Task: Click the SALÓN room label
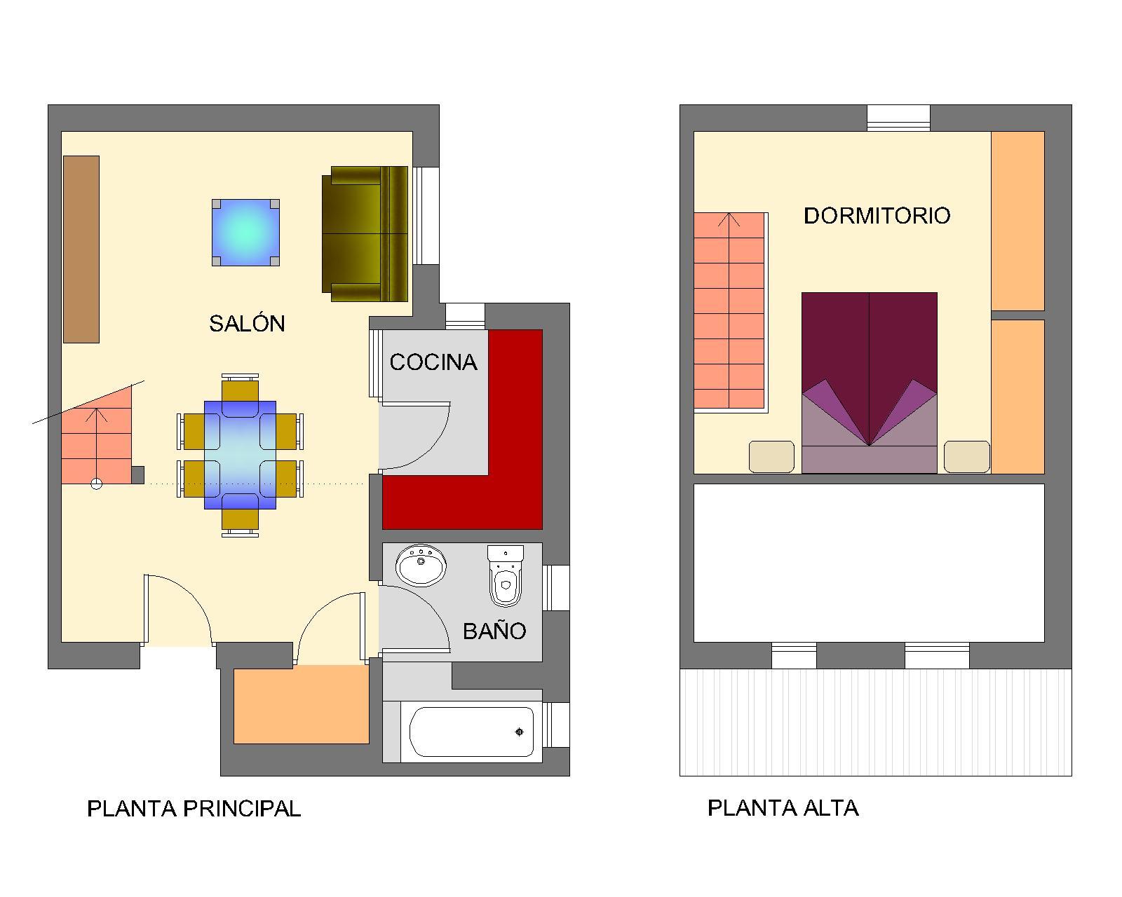pos(247,324)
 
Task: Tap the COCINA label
pos(433,362)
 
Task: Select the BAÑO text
pos(494,631)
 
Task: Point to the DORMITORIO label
pos(877,216)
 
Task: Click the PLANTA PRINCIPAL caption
pos(194,809)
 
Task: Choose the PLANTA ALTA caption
pos(783,809)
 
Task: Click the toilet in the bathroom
pos(505,576)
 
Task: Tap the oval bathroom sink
pos(421,565)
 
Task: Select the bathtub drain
pos(520,732)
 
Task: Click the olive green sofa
pos(365,233)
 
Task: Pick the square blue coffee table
pos(245,233)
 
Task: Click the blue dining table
pos(240,455)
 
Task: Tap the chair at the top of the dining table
pos(240,388)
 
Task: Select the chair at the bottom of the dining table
pos(240,522)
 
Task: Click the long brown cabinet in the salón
pos(81,249)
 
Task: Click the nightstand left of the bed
pos(771,457)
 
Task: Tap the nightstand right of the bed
pos(967,457)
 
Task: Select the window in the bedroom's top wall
pos(898,118)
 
